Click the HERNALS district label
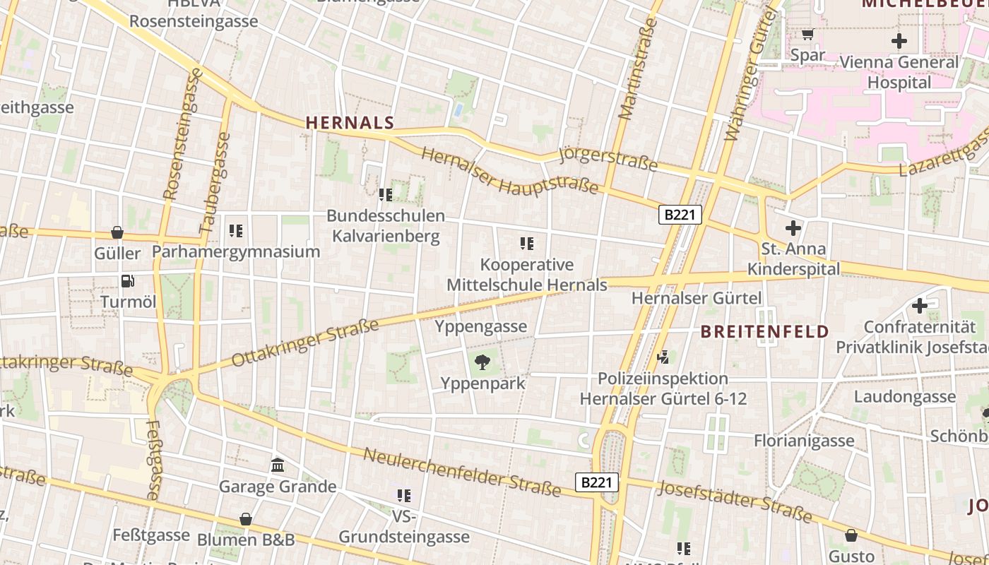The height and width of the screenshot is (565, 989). coord(350,123)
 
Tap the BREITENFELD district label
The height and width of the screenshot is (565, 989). coord(765,332)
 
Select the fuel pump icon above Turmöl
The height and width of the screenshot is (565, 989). coord(128,281)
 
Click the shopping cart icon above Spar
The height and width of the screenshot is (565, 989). coord(807,34)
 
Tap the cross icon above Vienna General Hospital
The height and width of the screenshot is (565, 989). coord(899,41)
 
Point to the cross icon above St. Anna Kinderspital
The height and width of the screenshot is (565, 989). coord(793,228)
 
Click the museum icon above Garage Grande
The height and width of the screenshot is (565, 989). coord(278,465)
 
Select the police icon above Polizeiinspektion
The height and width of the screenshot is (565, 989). coord(663,358)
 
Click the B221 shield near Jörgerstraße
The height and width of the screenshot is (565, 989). coord(680,215)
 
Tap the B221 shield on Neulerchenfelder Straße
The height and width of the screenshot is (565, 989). coord(597,482)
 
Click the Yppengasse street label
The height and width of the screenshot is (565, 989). coord(481,326)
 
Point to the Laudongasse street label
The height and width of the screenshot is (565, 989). coord(904,396)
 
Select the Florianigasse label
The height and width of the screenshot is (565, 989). coord(804,441)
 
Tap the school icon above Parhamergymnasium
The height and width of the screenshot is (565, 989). coord(236,230)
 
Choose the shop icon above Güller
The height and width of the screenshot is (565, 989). coord(117,232)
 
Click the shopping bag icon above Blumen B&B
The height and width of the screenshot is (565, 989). coord(246,519)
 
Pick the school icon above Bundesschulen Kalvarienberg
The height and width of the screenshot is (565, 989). coord(386,194)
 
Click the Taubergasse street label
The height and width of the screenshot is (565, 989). coord(216,183)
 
